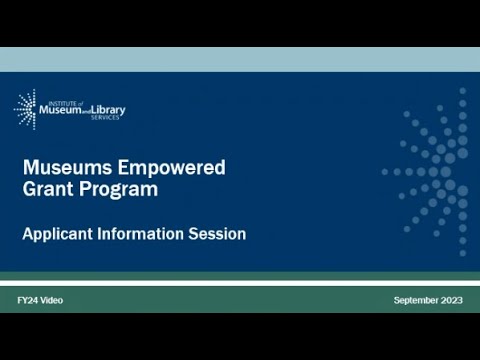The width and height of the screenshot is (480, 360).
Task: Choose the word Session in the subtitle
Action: pyautogui.click(x=217, y=234)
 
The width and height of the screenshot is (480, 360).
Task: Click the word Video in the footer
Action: pyautogui.click(x=52, y=301)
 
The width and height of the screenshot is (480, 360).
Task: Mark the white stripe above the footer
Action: pyautogui.click(x=240, y=283)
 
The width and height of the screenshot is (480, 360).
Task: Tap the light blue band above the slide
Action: pyautogui.click(x=240, y=59)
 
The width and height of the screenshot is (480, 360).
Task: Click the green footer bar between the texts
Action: pyautogui.click(x=230, y=301)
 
